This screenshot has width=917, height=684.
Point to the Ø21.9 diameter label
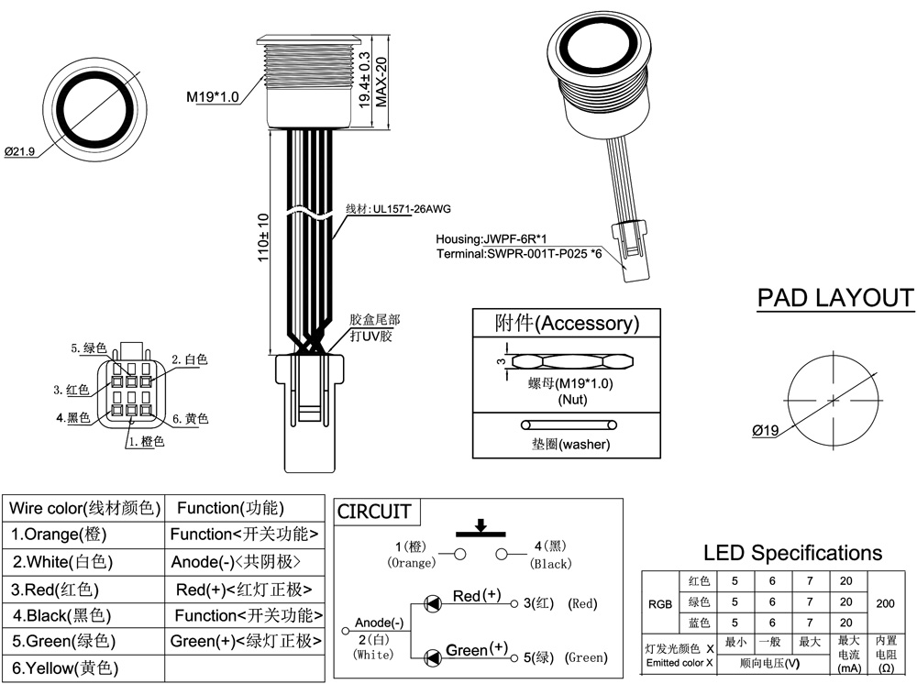tap(19, 151)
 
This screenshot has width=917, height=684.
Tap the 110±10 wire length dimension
tap(263, 238)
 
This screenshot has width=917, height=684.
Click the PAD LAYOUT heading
tap(835, 298)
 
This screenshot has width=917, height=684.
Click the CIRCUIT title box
tap(374, 512)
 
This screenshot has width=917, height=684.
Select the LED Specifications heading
tap(792, 553)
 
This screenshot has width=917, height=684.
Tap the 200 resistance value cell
tap(886, 605)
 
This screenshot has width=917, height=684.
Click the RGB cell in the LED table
tap(659, 605)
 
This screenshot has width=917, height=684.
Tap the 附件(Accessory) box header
tap(566, 324)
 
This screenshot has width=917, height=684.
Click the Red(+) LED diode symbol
tap(430, 603)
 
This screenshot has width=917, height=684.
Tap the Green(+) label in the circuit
tap(476, 650)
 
